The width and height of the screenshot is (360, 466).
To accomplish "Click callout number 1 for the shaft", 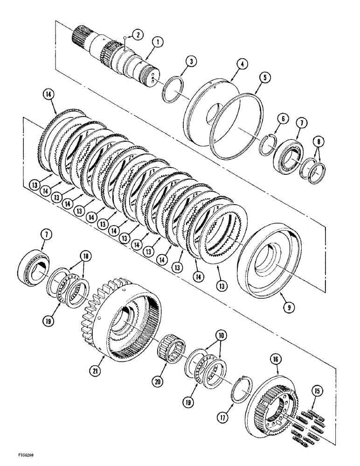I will coord(159,43).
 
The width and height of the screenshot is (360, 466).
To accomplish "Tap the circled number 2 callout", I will coord(137,34).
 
